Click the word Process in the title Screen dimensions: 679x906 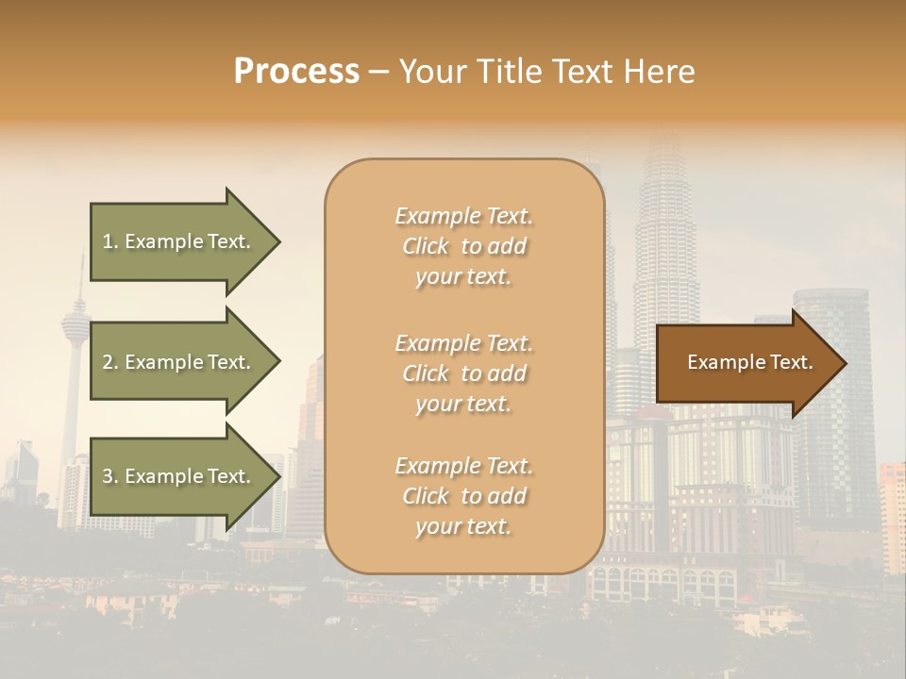point(296,72)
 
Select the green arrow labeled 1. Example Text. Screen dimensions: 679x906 point(179,241)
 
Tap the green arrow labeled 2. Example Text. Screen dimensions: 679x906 point(179,362)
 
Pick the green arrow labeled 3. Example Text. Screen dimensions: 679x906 point(179,476)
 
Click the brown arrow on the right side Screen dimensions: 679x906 point(746,363)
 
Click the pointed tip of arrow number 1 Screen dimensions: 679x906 point(277,241)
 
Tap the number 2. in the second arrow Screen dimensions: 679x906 point(109,362)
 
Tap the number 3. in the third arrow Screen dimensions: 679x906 point(109,476)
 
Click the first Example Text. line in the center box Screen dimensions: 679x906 point(463,216)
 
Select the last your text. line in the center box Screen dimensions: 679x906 point(463,527)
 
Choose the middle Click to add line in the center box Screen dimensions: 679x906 point(463,373)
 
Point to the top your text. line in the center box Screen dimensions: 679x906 point(463,277)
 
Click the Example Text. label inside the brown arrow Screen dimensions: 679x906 point(749,362)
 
